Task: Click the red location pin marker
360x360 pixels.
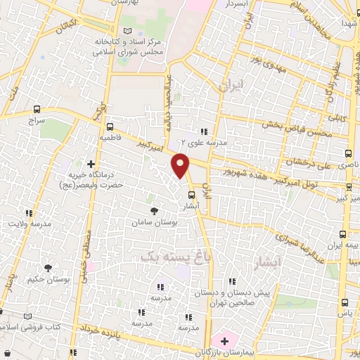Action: coord(181,165)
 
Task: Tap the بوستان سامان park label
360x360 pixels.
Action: coord(156,221)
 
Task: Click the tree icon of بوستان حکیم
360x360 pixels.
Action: coord(48,267)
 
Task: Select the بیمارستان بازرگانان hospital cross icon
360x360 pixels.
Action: coord(224,340)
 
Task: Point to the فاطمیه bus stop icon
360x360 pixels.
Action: coord(110,127)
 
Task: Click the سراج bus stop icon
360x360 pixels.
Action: coord(37,109)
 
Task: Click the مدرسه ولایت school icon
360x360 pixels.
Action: coord(29,213)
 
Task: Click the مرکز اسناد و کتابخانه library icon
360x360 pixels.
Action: coord(127,31)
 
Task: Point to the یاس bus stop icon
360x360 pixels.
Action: coord(344,302)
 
